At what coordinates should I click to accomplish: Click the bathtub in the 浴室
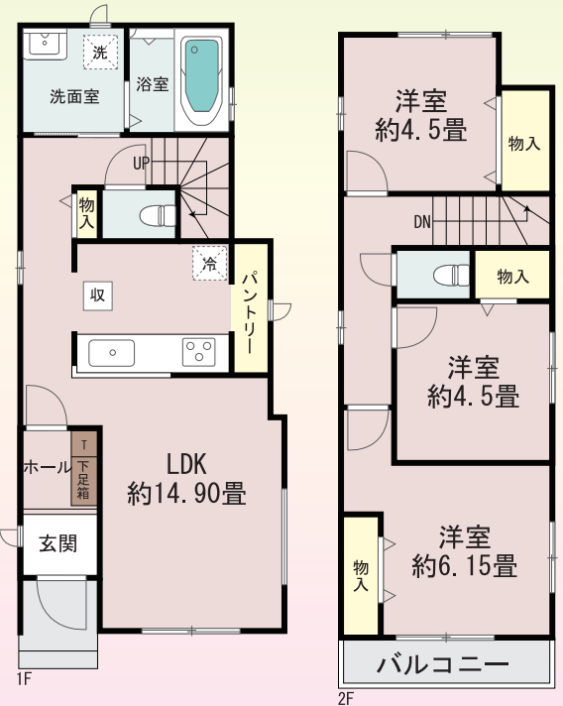(202, 80)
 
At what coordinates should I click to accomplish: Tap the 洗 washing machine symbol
(100, 53)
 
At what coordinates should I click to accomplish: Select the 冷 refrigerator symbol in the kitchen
(210, 263)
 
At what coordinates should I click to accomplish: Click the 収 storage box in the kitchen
(98, 295)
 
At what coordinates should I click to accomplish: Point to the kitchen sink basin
(112, 353)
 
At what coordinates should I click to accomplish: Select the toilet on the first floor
(158, 216)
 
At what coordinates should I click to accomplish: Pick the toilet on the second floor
(451, 275)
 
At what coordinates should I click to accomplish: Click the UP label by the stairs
(141, 163)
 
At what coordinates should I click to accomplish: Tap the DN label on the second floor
(422, 222)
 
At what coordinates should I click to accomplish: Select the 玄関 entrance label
(58, 544)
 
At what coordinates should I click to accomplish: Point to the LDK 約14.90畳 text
(186, 479)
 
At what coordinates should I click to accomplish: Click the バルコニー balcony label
(443, 664)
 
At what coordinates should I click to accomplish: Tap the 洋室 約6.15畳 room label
(465, 551)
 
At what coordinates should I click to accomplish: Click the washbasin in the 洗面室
(45, 44)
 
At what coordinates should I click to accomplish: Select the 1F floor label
(25, 679)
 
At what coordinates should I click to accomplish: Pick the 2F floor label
(346, 699)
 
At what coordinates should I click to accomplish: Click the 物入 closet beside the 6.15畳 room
(361, 575)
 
